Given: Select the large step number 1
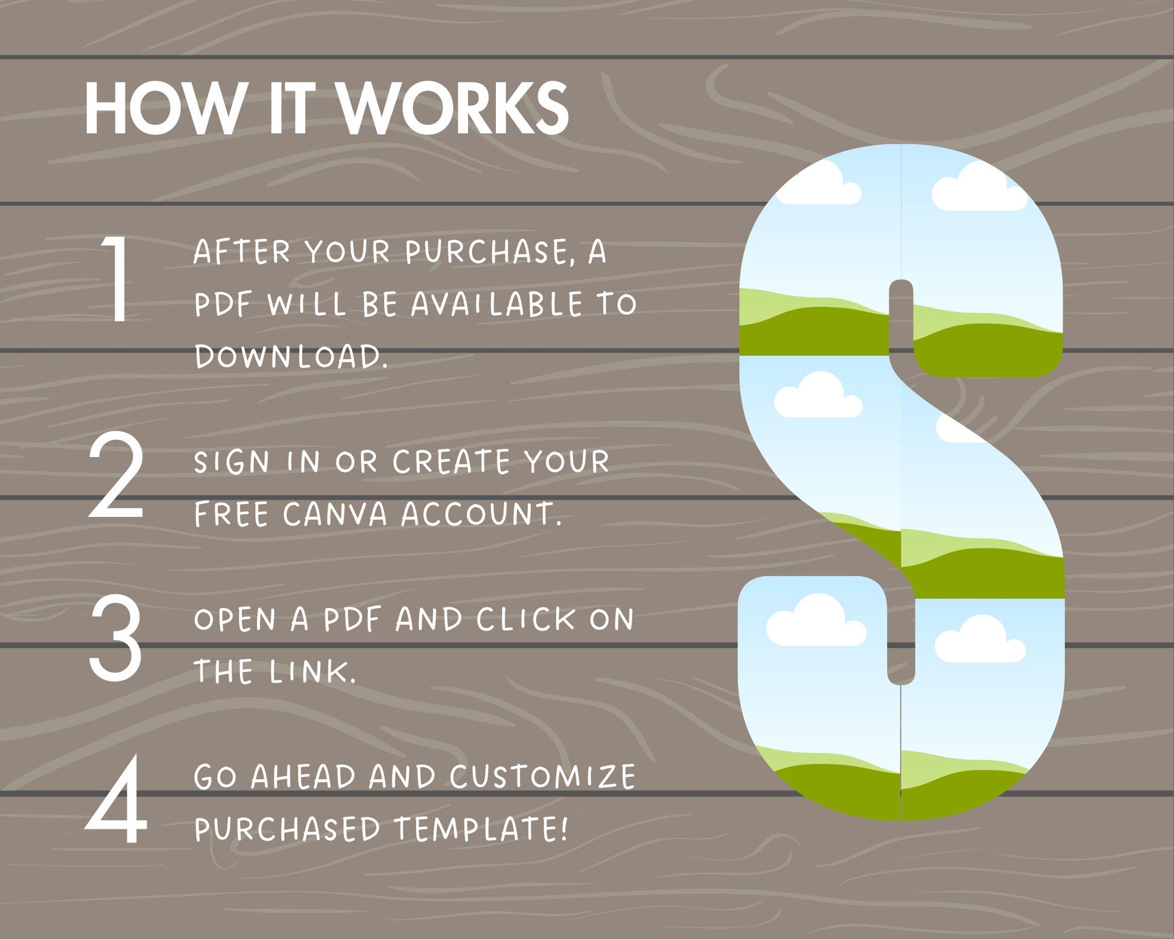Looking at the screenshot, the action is [x=116, y=278].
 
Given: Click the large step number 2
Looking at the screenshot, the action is [x=116, y=475].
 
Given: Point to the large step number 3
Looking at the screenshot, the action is [x=115, y=637].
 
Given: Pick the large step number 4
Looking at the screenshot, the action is [x=116, y=799].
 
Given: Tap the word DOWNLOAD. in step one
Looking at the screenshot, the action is [x=291, y=356].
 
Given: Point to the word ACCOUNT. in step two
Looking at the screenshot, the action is [x=481, y=514].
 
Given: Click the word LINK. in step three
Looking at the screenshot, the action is [x=313, y=672].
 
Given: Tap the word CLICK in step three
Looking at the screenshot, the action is [x=525, y=619].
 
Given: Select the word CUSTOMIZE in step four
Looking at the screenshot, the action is [x=542, y=777].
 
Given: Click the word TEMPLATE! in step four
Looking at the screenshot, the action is [x=481, y=829].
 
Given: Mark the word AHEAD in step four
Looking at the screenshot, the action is [x=303, y=777].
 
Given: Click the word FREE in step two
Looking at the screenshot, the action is [x=231, y=514].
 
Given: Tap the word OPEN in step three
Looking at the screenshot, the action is [x=235, y=619].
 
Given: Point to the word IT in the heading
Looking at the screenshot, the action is [x=291, y=109].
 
